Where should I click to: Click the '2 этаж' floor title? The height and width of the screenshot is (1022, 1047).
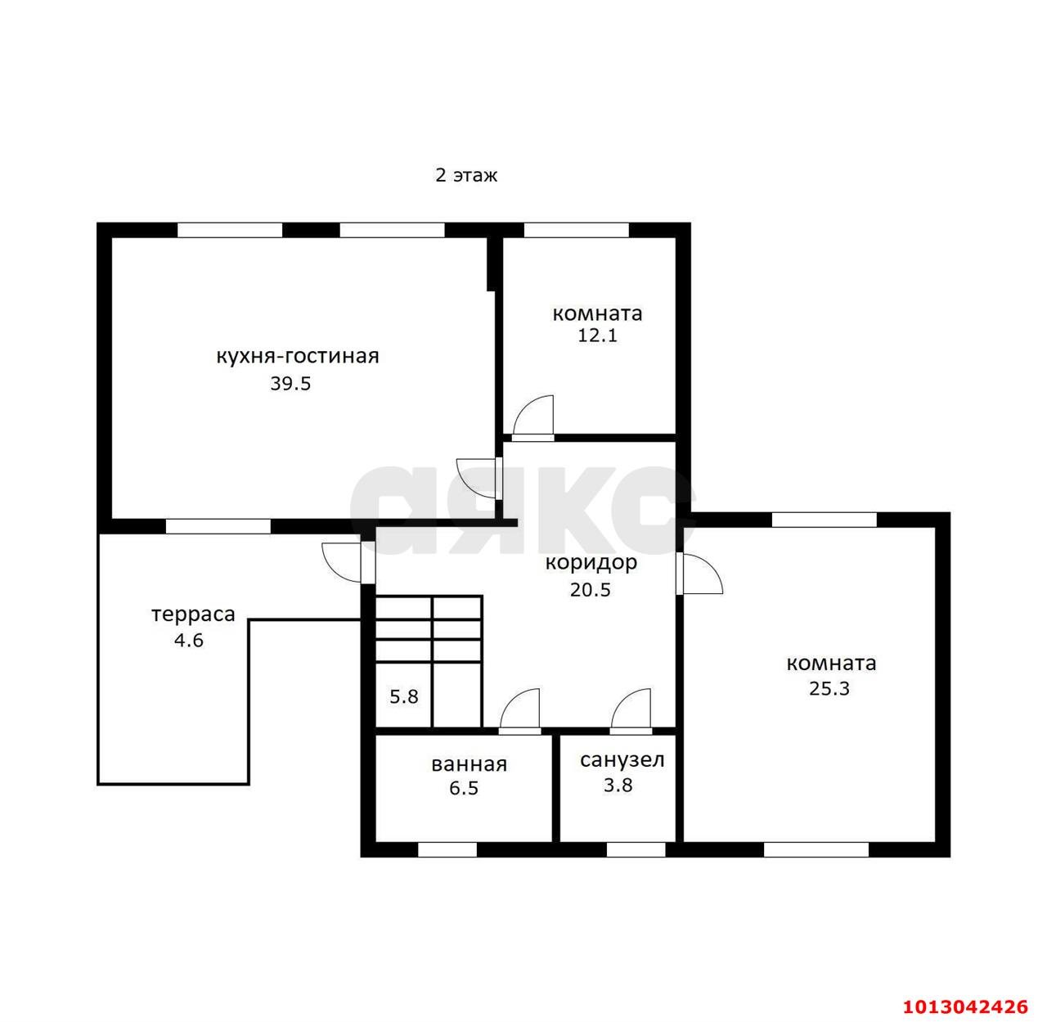(x=466, y=175)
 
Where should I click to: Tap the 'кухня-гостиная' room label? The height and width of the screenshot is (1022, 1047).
(x=298, y=356)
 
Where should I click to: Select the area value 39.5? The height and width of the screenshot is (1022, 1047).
(x=290, y=384)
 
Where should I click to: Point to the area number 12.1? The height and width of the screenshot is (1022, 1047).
(x=597, y=335)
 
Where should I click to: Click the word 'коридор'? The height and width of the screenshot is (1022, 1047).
(x=591, y=563)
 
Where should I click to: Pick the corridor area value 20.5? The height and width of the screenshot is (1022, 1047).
(x=591, y=591)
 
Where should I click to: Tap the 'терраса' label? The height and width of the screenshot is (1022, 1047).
(x=194, y=615)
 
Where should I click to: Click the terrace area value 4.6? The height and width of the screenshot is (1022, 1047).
(x=189, y=641)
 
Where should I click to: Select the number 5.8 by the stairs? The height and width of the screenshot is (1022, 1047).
(x=403, y=697)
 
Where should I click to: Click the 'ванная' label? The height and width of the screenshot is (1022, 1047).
(x=470, y=765)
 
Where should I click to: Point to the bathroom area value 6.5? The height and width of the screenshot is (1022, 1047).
(x=464, y=789)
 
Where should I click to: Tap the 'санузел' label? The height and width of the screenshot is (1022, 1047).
(x=622, y=760)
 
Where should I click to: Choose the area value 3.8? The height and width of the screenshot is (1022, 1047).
(x=618, y=786)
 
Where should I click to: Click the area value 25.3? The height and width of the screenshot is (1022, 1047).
(x=829, y=689)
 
